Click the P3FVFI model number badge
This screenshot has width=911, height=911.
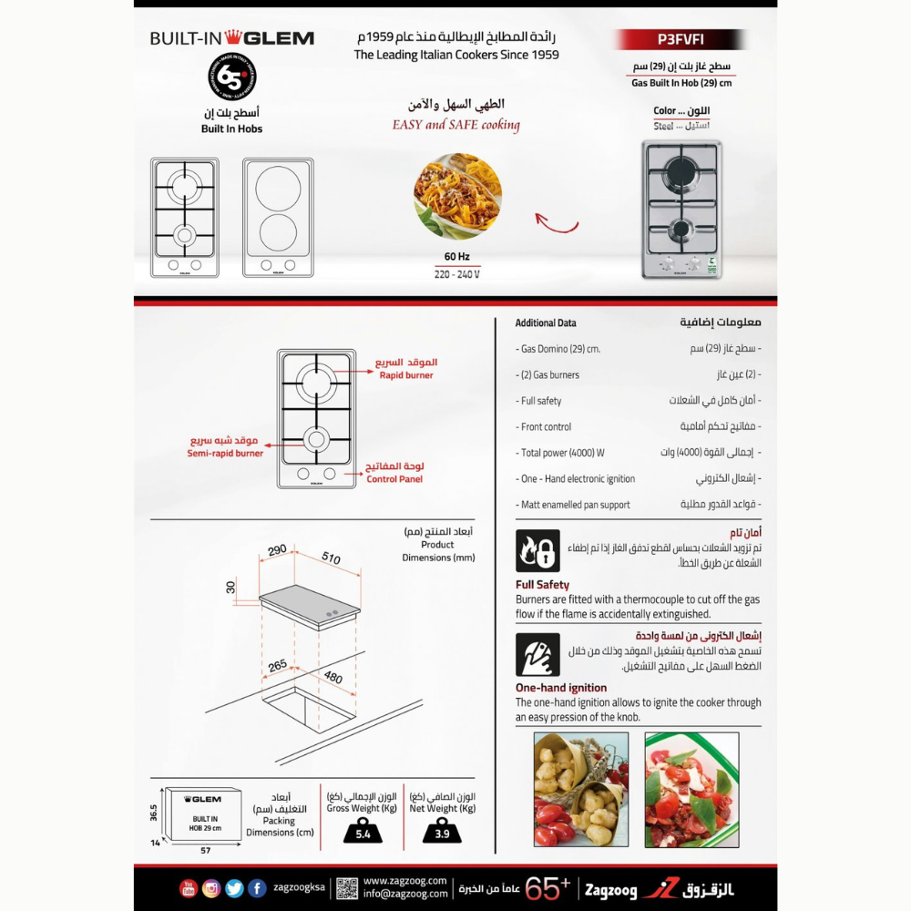tap(681, 39)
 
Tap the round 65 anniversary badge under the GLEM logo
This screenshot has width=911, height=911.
tap(232, 77)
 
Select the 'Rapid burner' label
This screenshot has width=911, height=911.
tap(406, 375)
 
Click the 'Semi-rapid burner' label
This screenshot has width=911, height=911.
tap(225, 453)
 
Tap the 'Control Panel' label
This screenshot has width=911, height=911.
tap(394, 478)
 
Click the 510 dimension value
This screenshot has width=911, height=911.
tap(332, 558)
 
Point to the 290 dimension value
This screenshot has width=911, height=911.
tap(277, 549)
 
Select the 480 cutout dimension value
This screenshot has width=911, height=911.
tap(334, 677)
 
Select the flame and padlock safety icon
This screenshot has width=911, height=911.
tap(537, 551)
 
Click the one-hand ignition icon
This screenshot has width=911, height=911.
tap(537, 654)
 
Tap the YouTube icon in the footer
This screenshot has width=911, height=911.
tap(188, 888)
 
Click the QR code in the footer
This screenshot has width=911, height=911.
tap(347, 888)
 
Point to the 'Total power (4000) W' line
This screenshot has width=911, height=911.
tap(562, 453)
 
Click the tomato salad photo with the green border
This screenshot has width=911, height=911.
tap(691, 790)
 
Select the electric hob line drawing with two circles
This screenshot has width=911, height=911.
tap(278, 218)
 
